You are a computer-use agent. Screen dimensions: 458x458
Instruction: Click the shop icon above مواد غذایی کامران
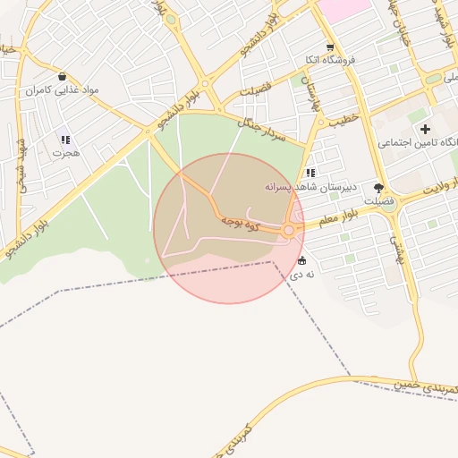pos(62,76)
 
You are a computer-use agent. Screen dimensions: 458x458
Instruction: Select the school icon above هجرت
pos(64,139)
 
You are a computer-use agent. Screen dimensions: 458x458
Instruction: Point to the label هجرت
pos(65,153)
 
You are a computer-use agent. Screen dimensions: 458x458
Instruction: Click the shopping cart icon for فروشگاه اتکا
pos(330,47)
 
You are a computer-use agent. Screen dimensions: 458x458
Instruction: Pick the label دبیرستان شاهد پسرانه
pos(310,187)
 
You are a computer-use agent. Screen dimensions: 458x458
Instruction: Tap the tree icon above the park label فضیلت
pos(378,188)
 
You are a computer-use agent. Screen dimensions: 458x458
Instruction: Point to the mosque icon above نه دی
pos(301,261)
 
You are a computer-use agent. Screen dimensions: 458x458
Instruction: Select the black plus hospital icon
pos(425,130)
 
